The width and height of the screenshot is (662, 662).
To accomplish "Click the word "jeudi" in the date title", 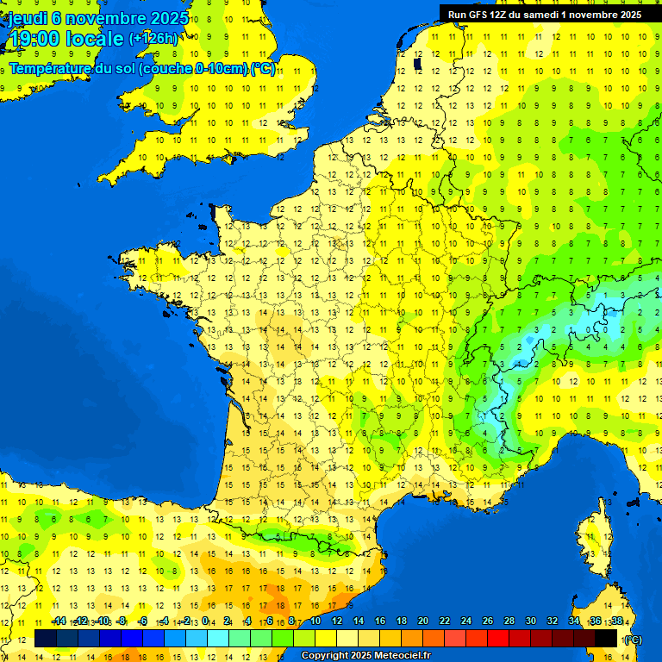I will pyautogui.click(x=30, y=17).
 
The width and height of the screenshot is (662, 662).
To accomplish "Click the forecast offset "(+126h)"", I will pyautogui.click(x=153, y=39).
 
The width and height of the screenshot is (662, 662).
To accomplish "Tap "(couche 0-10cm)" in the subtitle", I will pyautogui.click(x=204, y=68).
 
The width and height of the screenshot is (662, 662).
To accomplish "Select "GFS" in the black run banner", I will pyautogui.click(x=475, y=15).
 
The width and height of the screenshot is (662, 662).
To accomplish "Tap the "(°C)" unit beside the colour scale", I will pyautogui.click(x=632, y=640).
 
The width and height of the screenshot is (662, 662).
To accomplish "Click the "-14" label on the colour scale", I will pyautogui.click(x=59, y=621).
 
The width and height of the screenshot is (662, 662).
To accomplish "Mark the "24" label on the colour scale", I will pyautogui.click(x=466, y=621).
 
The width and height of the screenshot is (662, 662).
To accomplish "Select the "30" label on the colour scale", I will pyautogui.click(x=530, y=621).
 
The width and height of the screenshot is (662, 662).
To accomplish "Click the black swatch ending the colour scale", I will pyautogui.click(x=606, y=639).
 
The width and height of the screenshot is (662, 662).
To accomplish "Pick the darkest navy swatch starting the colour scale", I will pyautogui.click(x=46, y=639).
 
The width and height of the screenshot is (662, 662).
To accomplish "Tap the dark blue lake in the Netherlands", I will pyautogui.click(x=416, y=63).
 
